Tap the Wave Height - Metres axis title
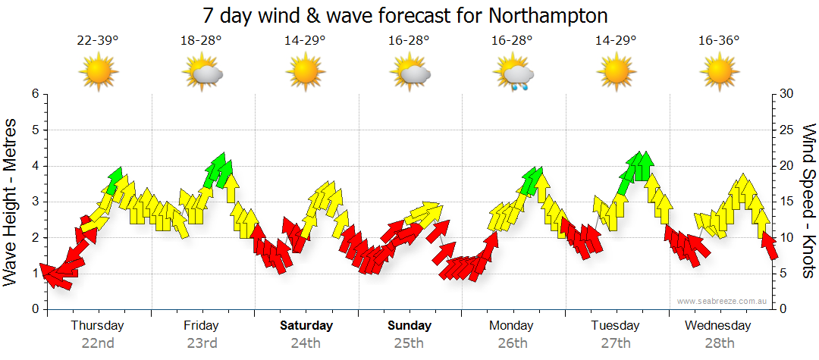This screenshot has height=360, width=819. point(11,200)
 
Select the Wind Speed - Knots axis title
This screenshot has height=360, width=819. point(808,200)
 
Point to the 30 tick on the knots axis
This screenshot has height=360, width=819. point(786,94)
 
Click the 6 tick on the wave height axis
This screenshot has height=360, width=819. point(34,94)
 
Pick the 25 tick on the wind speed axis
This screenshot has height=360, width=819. point(786,130)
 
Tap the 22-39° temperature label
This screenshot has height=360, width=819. point(98,41)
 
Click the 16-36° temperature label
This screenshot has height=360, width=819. point(719,41)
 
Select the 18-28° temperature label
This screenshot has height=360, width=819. point(201,41)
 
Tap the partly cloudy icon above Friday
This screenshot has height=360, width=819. point(202,74)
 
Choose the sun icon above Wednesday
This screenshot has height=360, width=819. point(719,74)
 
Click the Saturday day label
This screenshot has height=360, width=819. point(306,326)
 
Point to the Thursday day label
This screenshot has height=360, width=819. point(97,326)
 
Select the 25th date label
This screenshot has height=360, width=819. point(409,343)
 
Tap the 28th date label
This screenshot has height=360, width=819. point(718,343)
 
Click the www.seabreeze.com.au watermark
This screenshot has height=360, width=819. point(723,301)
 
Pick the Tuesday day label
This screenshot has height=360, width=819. point(615,326)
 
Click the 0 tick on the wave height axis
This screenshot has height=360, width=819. point(34,309)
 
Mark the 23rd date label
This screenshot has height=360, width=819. point(201,343)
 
